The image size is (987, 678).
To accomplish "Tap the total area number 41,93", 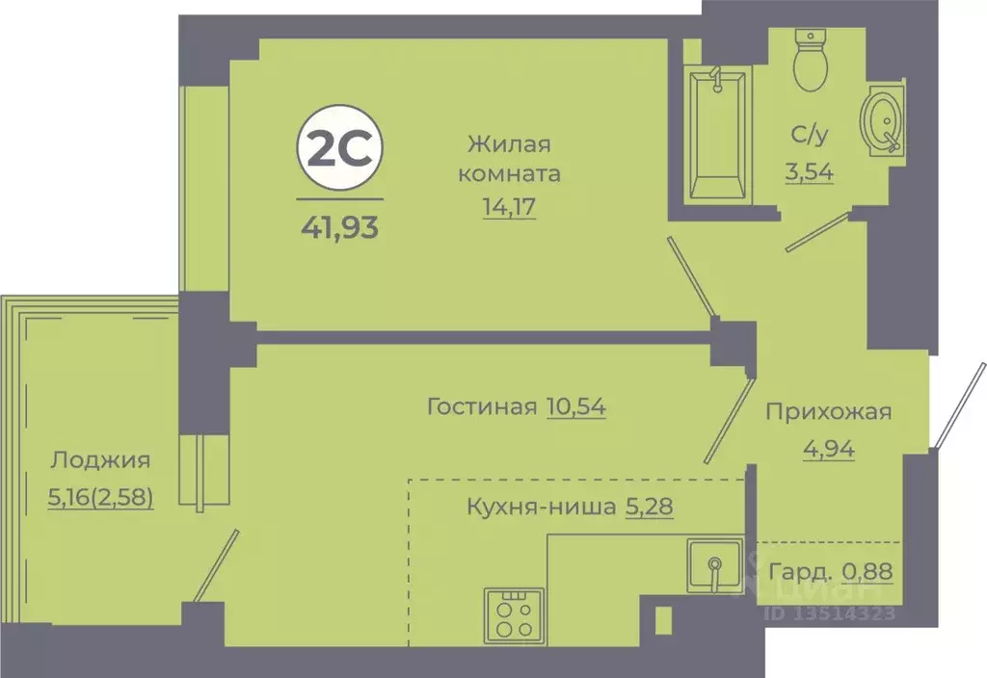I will point(338,228).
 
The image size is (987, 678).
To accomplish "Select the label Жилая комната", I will point(509,159).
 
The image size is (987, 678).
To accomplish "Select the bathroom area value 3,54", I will point(809,173).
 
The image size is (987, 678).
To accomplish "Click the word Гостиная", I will point(481,406).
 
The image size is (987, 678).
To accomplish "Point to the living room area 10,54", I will point(575,406).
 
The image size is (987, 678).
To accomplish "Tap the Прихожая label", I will point(828,412).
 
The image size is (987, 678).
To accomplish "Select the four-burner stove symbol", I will point(514,614).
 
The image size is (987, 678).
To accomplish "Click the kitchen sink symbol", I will point(714,567).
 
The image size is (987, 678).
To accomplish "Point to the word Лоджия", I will point(100,460).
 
